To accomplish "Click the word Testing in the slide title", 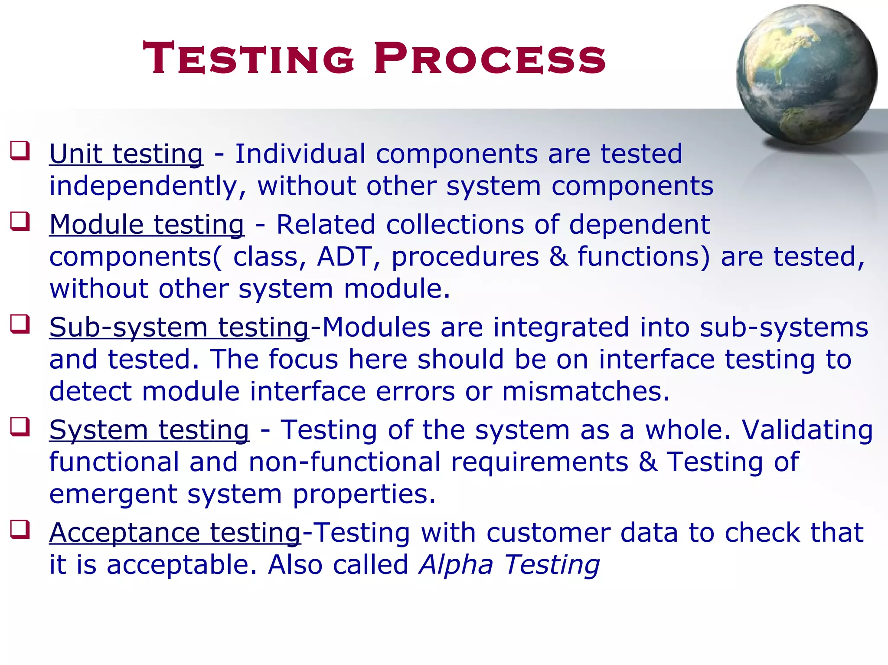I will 249,58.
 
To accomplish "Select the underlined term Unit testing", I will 126,154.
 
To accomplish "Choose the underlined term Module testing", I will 147,225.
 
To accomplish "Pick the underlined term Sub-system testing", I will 179,327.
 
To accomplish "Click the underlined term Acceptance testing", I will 175,533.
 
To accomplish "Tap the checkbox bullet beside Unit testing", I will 20,151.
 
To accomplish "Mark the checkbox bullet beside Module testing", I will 20,221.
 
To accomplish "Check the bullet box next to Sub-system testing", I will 20,324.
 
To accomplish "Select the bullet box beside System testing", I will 20,427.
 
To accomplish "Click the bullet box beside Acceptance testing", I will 20,530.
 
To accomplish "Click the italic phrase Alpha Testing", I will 509,565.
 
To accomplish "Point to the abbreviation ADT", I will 344,257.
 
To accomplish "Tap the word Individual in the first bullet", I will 300,154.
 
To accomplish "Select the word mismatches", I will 586,391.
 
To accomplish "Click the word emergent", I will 113,495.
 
